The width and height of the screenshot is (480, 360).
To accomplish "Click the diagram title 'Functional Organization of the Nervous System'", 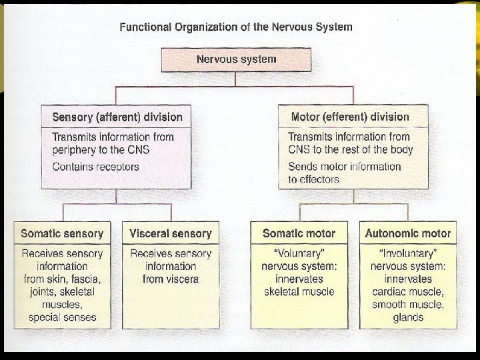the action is click(x=236, y=27).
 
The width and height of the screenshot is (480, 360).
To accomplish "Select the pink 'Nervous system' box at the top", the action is click(x=236, y=60).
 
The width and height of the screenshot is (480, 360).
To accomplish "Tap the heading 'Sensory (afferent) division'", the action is click(x=117, y=117).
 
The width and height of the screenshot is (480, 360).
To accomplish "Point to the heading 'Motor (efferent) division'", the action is click(x=350, y=117).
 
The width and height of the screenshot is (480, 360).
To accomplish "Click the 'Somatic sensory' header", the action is click(x=62, y=233).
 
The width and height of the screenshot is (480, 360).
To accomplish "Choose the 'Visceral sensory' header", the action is click(x=171, y=233).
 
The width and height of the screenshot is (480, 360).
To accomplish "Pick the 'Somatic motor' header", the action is click(x=299, y=233).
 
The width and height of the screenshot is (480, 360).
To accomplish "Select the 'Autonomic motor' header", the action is click(x=408, y=233).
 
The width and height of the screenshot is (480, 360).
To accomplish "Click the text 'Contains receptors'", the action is click(x=95, y=167).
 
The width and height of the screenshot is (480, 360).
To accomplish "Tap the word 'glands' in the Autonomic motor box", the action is click(x=408, y=317).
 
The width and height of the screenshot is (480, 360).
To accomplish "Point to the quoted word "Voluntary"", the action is click(x=299, y=253).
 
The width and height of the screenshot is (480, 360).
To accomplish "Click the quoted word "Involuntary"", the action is click(x=408, y=253).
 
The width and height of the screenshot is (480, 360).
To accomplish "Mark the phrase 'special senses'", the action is click(x=63, y=317).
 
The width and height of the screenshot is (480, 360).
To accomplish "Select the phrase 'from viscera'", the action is click(x=171, y=279).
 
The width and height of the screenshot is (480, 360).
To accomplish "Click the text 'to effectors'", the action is click(x=314, y=179).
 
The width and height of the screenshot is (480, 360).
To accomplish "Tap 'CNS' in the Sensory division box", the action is click(x=139, y=150).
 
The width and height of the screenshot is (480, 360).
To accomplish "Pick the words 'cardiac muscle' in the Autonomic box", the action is click(x=408, y=292).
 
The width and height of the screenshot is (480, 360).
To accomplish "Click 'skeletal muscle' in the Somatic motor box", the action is click(x=299, y=292).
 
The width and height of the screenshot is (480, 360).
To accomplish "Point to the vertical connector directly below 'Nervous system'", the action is click(x=235, y=79).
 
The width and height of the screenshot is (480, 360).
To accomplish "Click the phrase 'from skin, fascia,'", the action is click(x=62, y=279).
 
